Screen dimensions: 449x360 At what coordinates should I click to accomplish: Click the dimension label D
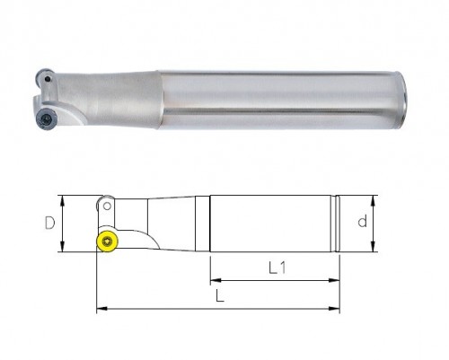point(49,223)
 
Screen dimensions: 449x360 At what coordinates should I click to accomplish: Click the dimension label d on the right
point(363,222)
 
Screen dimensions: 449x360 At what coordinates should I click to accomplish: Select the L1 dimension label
point(277,268)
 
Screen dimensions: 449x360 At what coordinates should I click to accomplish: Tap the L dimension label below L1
point(220,296)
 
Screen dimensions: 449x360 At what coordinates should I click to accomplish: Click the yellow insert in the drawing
point(107,241)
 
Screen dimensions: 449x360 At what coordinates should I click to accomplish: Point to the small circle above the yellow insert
point(107,206)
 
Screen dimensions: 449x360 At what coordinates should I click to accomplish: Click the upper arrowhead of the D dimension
point(62,201)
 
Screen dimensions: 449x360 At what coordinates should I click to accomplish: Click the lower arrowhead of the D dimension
point(62,247)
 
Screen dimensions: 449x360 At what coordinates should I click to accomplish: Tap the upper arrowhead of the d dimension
point(373,201)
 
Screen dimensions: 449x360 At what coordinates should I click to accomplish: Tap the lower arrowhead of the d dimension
point(373,247)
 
